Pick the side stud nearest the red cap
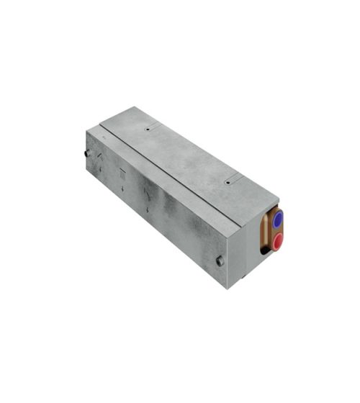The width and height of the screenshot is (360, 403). pos(219,261)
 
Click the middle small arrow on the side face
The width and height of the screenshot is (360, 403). pos(123,188)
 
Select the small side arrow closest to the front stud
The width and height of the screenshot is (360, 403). pos(148,209)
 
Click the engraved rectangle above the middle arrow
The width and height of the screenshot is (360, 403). pos(122,173)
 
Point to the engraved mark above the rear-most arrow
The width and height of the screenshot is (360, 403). pos(100,155)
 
